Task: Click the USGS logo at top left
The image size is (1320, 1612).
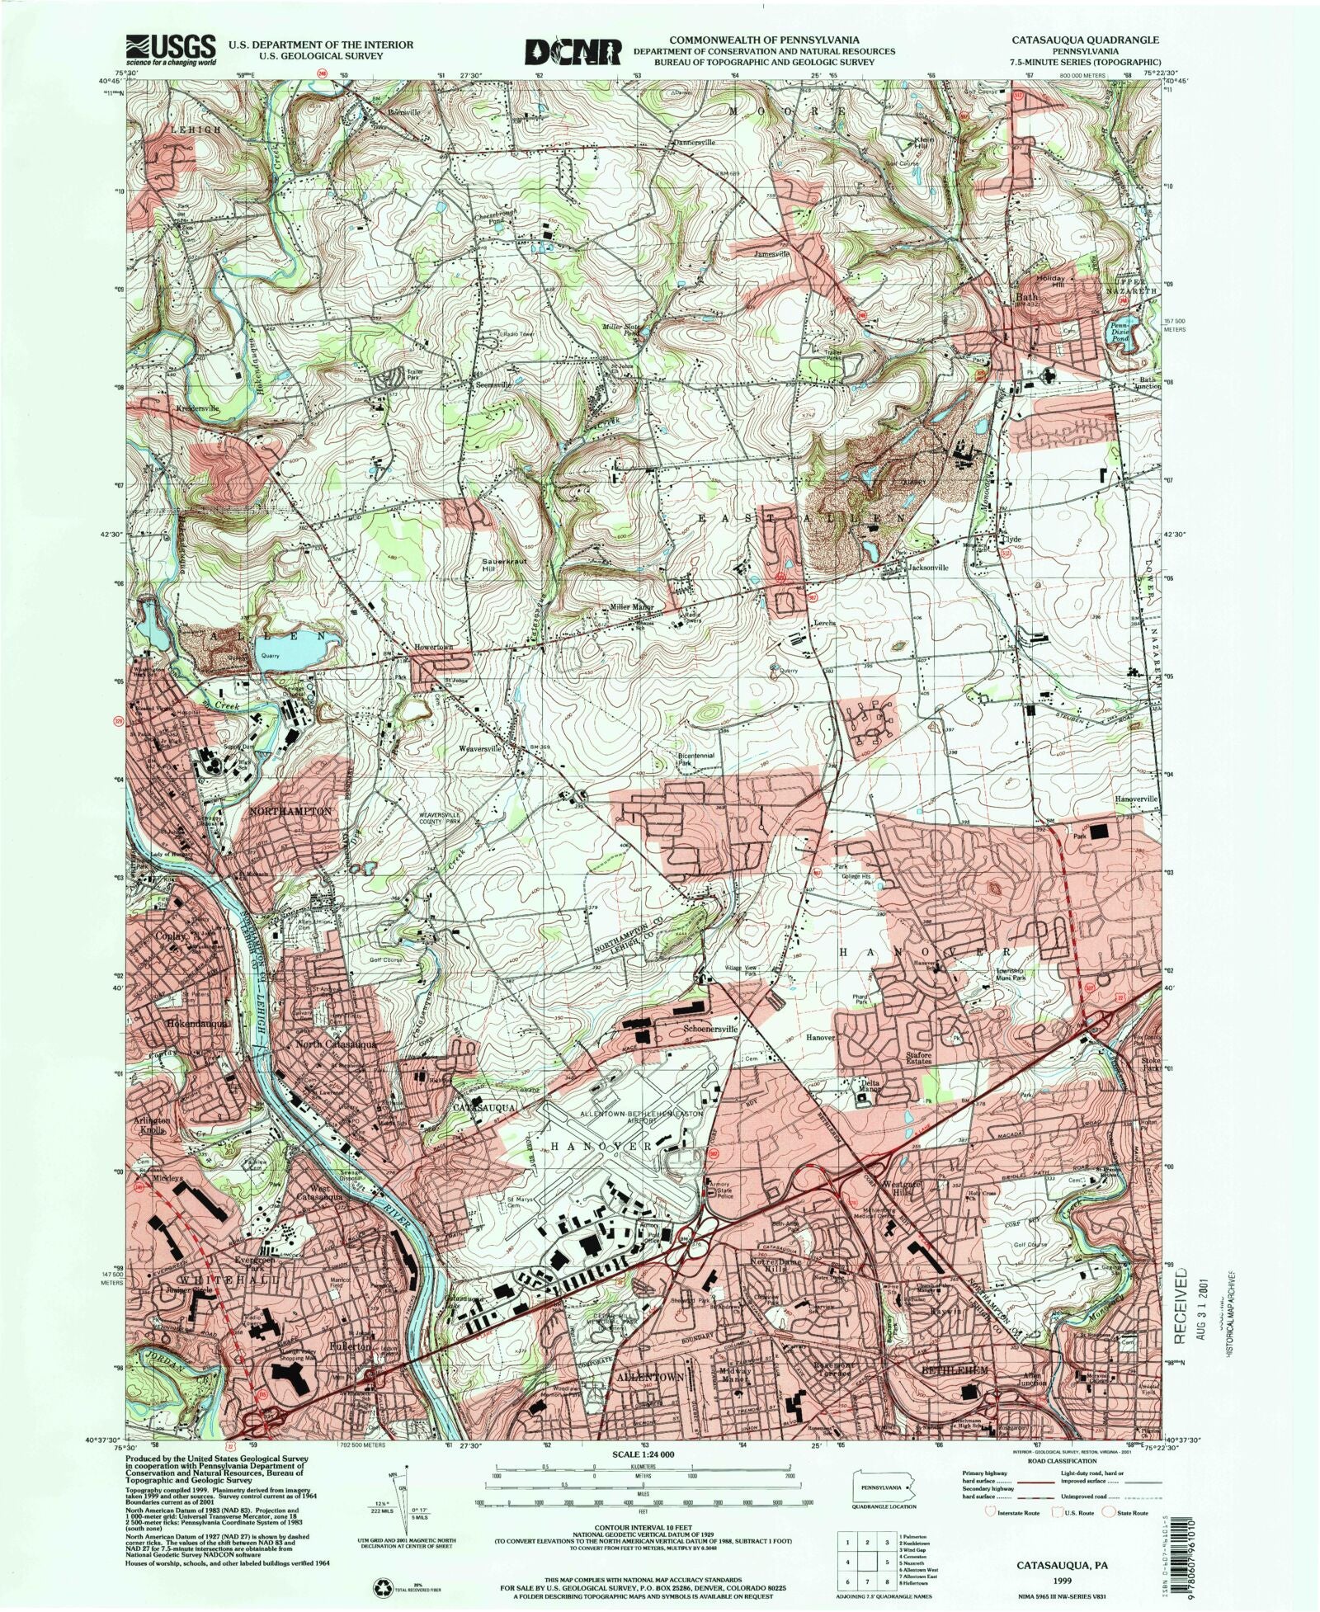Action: pos(171,49)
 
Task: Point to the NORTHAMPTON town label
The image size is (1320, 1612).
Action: pos(290,812)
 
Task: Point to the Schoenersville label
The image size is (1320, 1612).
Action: pos(711,1030)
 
